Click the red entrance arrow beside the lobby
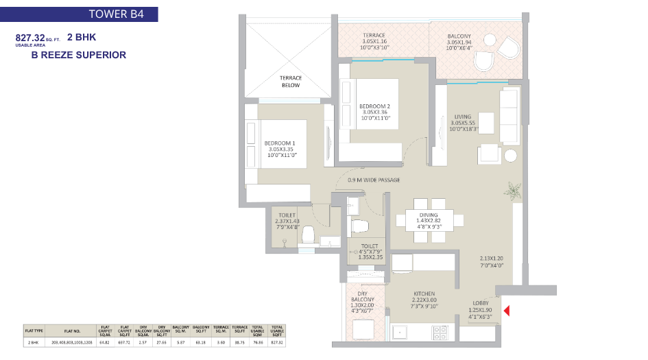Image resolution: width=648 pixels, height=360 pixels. (507, 312)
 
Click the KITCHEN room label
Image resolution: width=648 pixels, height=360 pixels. (424, 293)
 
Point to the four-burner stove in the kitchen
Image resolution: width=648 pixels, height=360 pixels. (440, 333)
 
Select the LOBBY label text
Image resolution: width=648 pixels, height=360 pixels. (480, 302)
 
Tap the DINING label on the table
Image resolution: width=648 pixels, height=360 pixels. (429, 215)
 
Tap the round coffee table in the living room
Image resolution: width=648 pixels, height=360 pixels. (511, 155)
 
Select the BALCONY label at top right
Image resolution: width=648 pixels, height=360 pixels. (459, 36)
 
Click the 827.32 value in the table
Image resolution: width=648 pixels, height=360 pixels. (276, 341)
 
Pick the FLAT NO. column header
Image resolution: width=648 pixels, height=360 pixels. (71, 330)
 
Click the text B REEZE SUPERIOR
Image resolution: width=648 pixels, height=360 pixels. (79, 55)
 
